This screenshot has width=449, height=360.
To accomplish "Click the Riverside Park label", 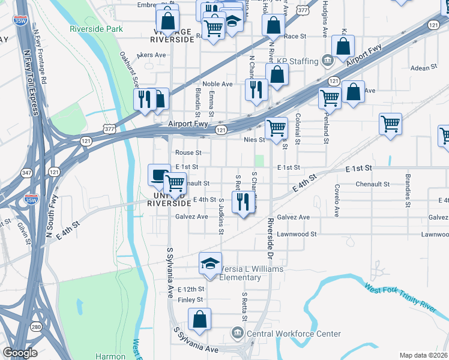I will (x=96, y=29).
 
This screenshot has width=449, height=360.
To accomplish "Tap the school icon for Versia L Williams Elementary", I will (x=210, y=264).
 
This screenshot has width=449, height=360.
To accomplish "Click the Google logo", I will (x=20, y=353).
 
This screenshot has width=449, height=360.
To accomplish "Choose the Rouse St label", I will (x=188, y=153).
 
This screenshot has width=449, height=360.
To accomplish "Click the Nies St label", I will (x=254, y=140).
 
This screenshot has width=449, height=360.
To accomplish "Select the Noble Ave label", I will (x=217, y=84).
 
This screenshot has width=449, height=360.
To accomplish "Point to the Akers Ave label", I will (x=151, y=55).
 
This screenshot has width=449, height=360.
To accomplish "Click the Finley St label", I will (x=191, y=299).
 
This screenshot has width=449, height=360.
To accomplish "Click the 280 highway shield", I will (x=37, y=327).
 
